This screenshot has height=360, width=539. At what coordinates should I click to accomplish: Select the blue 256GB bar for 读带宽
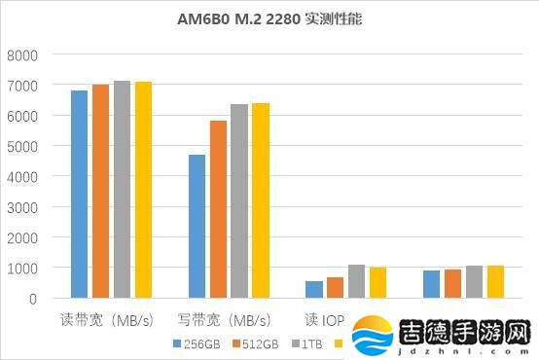coord(79,194)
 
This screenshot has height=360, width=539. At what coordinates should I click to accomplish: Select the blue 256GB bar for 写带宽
coord(197,226)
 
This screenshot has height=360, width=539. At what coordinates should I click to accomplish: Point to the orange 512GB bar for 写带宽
coord(218,209)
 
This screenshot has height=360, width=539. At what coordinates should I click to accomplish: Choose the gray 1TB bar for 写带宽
coord(239,200)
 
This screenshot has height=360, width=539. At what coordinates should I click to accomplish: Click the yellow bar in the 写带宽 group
coord(261,200)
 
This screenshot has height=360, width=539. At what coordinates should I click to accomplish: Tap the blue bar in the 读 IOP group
coord(314,289)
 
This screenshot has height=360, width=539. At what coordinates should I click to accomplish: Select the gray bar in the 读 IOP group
coord(357,281)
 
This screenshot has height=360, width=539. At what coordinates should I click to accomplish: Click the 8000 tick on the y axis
coord(22,55)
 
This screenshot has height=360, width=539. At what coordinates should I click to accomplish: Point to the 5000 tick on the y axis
coord(22,147)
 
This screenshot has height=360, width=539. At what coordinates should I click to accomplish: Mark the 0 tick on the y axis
coord(32,299)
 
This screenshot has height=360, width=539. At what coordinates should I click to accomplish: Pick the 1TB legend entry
coord(304,343)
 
